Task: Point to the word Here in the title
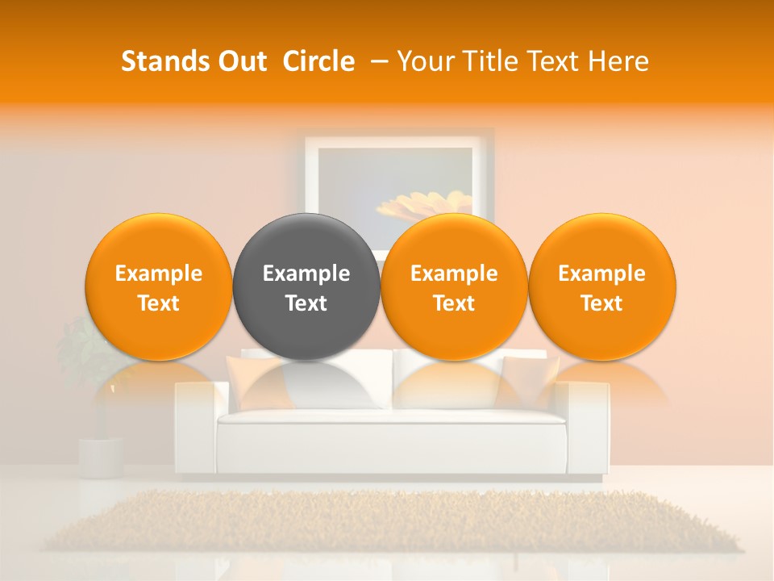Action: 618,61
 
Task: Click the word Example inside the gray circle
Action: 306,274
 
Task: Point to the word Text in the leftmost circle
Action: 158,303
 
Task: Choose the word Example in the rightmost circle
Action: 601,274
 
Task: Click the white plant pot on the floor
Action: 101,457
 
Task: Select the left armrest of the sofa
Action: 197,428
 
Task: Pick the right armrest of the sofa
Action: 588,428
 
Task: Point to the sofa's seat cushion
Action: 391,417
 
